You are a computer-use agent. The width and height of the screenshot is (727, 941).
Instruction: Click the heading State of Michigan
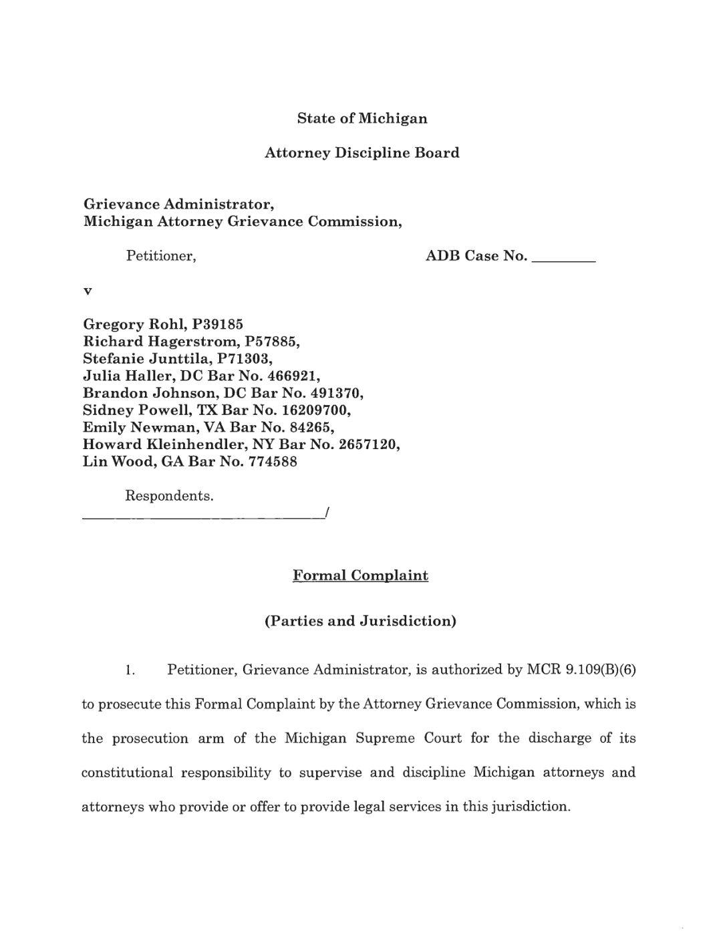click(x=362, y=119)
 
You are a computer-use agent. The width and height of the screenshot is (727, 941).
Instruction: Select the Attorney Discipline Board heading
click(x=362, y=153)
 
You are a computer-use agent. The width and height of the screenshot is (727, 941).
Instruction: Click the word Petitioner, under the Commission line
click(x=161, y=256)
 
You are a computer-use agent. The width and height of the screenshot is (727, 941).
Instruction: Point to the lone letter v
click(x=87, y=291)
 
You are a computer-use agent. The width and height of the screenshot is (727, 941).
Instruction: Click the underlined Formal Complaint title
click(x=361, y=576)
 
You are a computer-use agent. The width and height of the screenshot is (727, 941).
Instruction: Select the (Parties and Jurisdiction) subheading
click(x=361, y=622)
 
